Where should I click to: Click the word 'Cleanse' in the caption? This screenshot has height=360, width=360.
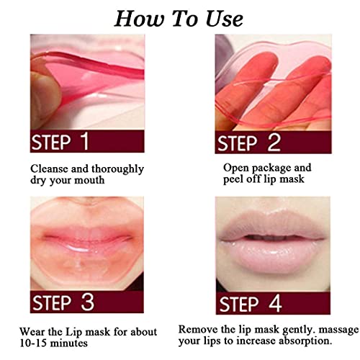50,169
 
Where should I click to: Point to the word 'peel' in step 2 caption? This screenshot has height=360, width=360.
235,181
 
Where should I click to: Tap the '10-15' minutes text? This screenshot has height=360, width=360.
46,342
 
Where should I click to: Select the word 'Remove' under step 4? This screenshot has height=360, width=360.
198,328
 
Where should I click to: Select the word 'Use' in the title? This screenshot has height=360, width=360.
223,17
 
